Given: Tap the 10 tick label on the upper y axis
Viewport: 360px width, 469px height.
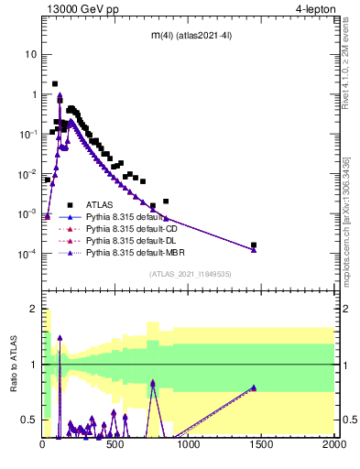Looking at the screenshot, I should pyautogui.click(x=31, y=54).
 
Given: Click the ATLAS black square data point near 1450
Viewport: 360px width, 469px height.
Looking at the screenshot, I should pyautogui.click(x=254, y=245).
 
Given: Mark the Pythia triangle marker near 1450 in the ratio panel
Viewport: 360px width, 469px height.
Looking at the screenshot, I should pyautogui.click(x=254, y=387).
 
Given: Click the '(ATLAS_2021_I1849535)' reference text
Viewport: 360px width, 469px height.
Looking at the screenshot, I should pyautogui.click(x=189, y=274).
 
